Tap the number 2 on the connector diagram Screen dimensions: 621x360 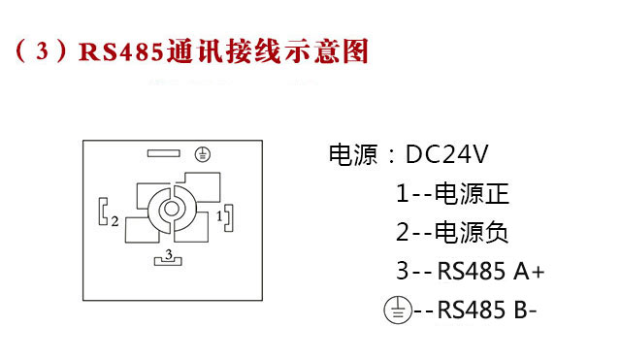[x=114, y=221]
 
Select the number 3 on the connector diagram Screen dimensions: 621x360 [x=169, y=253]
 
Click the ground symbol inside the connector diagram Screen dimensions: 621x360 [x=202, y=153]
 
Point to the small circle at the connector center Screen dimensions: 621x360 [x=171, y=209]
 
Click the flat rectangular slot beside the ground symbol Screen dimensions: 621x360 [x=167, y=153]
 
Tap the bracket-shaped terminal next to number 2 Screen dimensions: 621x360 [x=103, y=212]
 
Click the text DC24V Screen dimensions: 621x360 [x=446, y=154]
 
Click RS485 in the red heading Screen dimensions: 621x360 [x=120, y=50]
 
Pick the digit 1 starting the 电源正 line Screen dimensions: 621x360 [x=402, y=193]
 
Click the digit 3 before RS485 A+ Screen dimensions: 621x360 [x=402, y=272]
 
